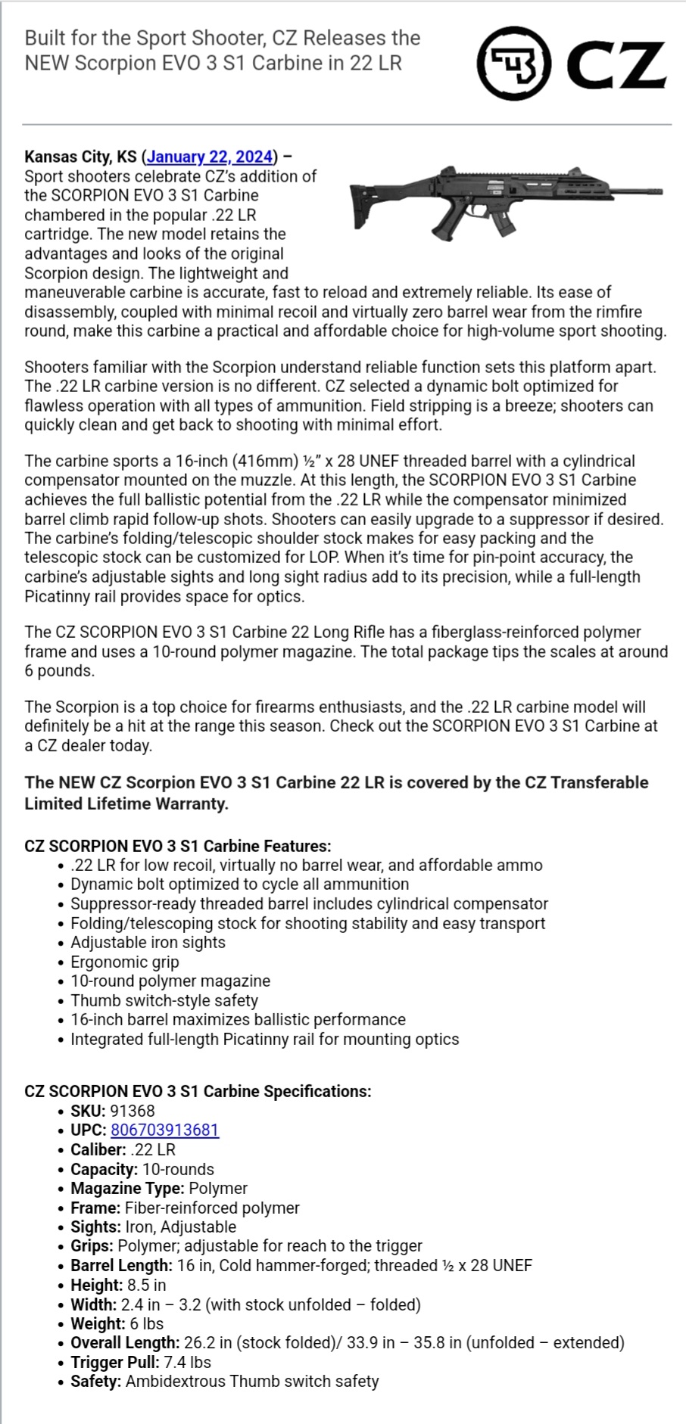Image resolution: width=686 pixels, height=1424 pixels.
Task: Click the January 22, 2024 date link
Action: [x=210, y=157]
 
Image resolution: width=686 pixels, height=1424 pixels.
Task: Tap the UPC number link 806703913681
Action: [x=164, y=1130]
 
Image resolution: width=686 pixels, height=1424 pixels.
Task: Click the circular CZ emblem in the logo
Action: [x=513, y=63]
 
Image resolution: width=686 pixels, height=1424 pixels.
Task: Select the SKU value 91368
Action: [x=132, y=1111]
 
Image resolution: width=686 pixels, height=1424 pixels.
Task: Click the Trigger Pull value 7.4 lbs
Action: [x=187, y=1362]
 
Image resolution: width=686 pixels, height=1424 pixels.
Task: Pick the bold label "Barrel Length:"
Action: [x=121, y=1265]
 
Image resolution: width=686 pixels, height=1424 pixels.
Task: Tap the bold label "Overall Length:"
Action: [x=125, y=1342]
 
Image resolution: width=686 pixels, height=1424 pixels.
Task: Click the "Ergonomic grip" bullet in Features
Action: [x=125, y=962]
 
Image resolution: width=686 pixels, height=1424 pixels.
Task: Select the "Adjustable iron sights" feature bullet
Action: [x=148, y=942]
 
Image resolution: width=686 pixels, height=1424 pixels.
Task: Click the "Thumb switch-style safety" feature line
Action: [x=164, y=1000]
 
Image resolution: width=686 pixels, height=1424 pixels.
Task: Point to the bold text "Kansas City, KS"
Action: [x=80, y=157]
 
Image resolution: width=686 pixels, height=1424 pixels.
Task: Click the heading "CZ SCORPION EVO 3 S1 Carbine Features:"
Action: [x=178, y=846]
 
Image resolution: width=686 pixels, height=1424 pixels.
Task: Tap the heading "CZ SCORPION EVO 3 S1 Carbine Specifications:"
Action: [x=198, y=1091]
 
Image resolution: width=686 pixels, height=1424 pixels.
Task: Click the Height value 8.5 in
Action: [x=146, y=1285]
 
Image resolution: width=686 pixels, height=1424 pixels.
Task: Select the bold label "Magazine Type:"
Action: [x=127, y=1188]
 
